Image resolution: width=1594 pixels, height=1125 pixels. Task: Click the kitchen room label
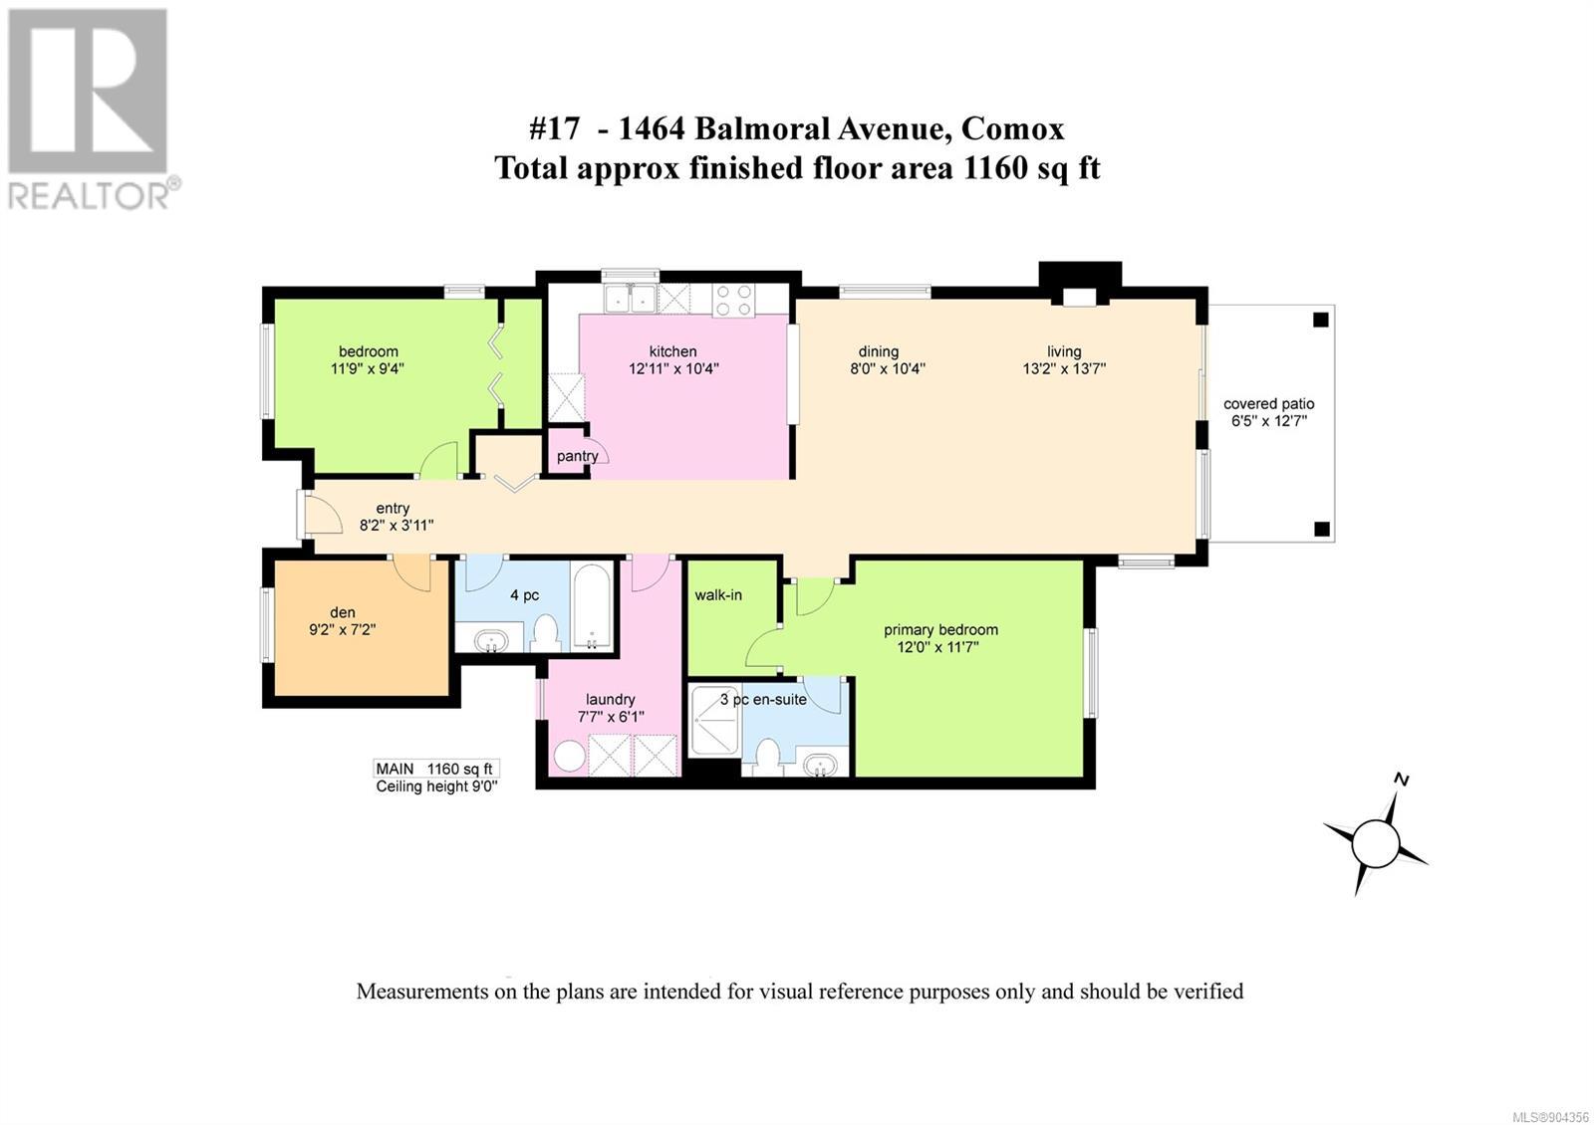click(x=672, y=351)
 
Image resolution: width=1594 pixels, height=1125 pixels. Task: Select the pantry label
click(x=577, y=456)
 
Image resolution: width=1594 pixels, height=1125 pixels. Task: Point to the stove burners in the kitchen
click(x=733, y=300)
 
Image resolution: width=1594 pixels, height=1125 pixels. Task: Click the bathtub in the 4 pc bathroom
click(x=592, y=606)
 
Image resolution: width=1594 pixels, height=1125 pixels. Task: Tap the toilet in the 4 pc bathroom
click(x=546, y=633)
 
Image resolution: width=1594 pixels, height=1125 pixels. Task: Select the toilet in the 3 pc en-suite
click(x=768, y=758)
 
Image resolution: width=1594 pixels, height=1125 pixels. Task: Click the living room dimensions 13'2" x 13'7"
click(x=1064, y=368)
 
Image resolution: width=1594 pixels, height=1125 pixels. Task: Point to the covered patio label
click(x=1269, y=404)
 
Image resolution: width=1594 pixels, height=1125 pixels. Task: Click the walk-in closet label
click(x=718, y=595)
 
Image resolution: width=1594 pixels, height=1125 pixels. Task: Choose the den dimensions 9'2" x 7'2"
click(x=343, y=629)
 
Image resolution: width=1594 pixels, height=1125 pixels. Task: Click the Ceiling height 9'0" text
click(x=436, y=787)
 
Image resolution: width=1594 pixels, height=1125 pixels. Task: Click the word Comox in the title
click(x=1012, y=129)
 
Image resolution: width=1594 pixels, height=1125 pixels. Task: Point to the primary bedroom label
click(x=940, y=630)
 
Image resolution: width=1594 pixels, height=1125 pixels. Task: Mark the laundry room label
click(x=610, y=700)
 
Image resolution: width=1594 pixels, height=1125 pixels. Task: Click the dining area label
click(x=878, y=351)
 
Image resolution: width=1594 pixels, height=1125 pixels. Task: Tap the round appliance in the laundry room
click(x=569, y=756)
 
